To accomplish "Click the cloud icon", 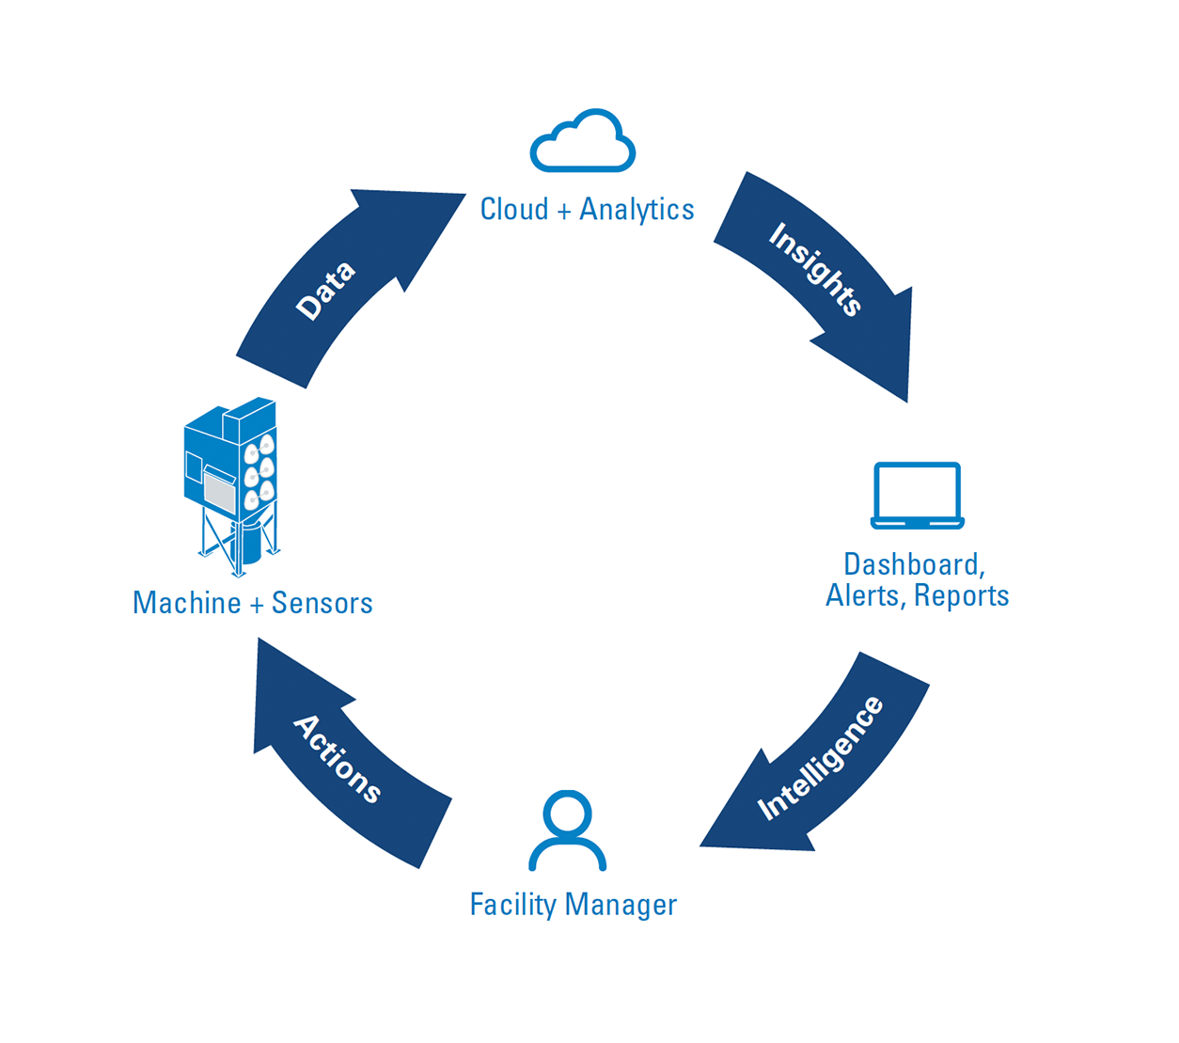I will pyautogui.click(x=583, y=143).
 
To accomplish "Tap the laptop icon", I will pyautogui.click(x=917, y=495).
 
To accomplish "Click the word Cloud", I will pyautogui.click(x=513, y=210).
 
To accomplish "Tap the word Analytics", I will pyautogui.click(x=637, y=210).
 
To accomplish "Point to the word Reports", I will pyautogui.click(x=961, y=595).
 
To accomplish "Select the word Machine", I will pyautogui.click(x=187, y=603).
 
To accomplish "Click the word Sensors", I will pyautogui.click(x=322, y=603).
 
